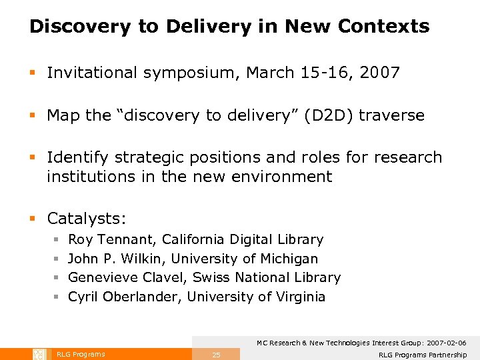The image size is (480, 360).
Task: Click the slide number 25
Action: [216, 355]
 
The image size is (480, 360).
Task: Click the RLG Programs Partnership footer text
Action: [423, 355]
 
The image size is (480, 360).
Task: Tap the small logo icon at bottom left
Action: [39, 354]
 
